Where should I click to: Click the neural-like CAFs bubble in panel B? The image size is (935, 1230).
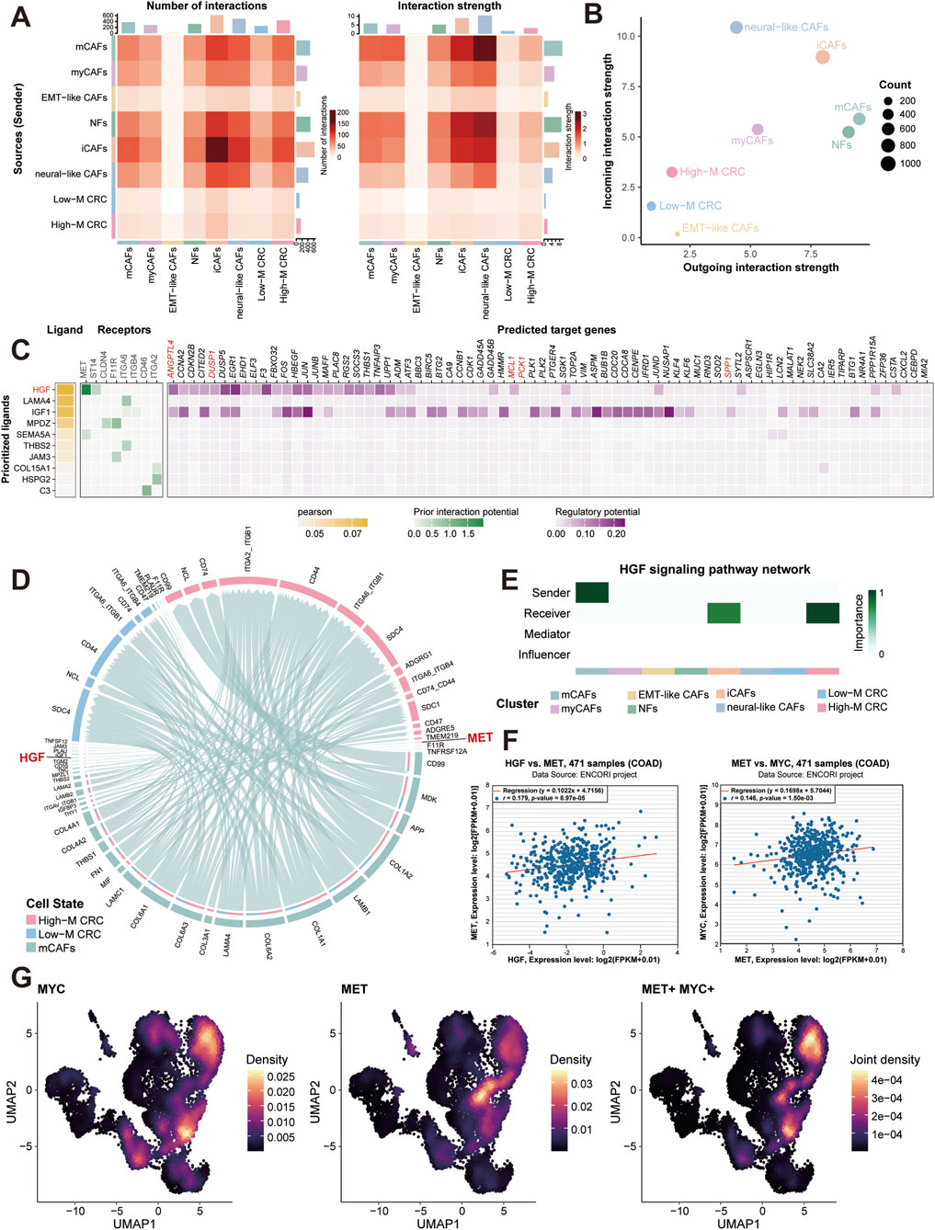(x=736, y=28)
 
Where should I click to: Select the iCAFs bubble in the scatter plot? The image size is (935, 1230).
(x=823, y=57)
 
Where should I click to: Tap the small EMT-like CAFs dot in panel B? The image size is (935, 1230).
(x=677, y=233)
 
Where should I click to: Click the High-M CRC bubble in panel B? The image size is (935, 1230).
(x=672, y=172)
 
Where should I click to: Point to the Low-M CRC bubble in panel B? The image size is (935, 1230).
(x=651, y=206)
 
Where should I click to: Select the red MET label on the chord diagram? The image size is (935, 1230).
(x=480, y=737)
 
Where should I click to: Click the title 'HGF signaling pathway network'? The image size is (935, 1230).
(x=714, y=569)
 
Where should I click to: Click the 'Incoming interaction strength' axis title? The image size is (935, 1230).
(x=608, y=131)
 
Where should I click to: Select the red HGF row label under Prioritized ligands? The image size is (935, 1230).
(x=40, y=390)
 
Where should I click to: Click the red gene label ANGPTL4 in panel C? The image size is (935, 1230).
(x=172, y=360)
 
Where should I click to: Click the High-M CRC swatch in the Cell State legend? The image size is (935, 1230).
(x=31, y=920)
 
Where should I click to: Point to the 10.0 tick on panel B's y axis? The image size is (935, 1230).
(x=624, y=36)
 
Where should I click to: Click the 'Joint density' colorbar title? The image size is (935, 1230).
(x=884, y=1059)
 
